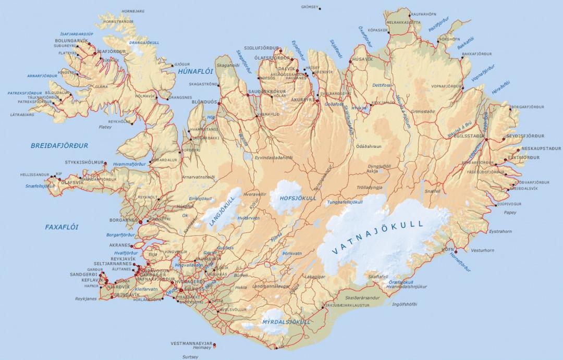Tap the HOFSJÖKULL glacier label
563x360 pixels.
298,198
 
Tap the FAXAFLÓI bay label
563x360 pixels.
62,227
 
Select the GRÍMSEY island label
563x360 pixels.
310,7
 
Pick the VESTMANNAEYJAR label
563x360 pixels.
192,344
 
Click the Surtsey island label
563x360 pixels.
190,357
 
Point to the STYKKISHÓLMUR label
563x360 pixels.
84,163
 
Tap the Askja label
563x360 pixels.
372,171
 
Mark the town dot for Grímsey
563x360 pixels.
320,8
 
